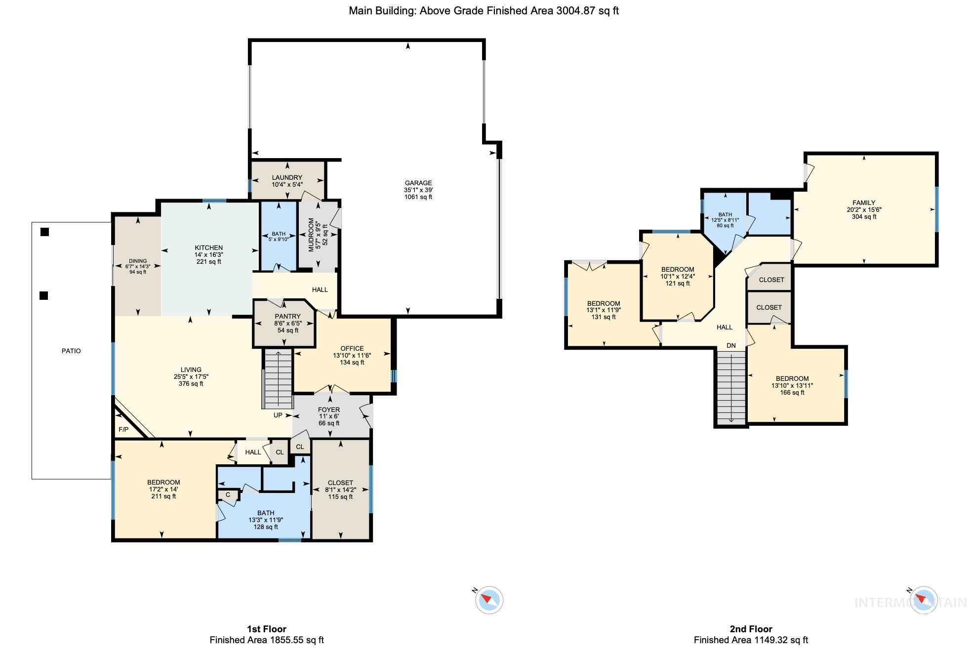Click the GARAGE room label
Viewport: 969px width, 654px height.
pyautogui.click(x=418, y=183)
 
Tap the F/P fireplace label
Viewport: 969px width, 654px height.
pyautogui.click(x=123, y=430)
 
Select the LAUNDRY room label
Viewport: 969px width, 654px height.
pyautogui.click(x=287, y=177)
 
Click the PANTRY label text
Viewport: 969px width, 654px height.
pyautogui.click(x=287, y=317)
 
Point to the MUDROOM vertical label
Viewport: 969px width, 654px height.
pyautogui.click(x=311, y=235)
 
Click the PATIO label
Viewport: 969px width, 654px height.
pyautogui.click(x=71, y=351)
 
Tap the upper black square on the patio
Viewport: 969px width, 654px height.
pyautogui.click(x=45, y=232)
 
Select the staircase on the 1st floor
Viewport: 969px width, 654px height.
pyautogui.click(x=278, y=378)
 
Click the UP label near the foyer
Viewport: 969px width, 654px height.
pyautogui.click(x=278, y=415)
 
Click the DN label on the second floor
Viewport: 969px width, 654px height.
pyautogui.click(x=731, y=345)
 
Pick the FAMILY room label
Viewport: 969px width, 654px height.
pyautogui.click(x=864, y=203)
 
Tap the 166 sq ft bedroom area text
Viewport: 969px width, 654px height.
pyautogui.click(x=792, y=393)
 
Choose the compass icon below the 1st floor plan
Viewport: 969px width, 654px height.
pyautogui.click(x=489, y=600)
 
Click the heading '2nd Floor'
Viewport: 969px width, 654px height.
pyautogui.click(x=751, y=629)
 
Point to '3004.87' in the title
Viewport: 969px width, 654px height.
pyautogui.click(x=576, y=11)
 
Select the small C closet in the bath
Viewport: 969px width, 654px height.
pyautogui.click(x=228, y=494)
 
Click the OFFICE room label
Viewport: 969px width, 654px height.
pyautogui.click(x=352, y=348)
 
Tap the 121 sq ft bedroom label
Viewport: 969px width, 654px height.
pyautogui.click(x=678, y=283)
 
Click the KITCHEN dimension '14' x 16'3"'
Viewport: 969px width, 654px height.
pyautogui.click(x=209, y=255)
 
